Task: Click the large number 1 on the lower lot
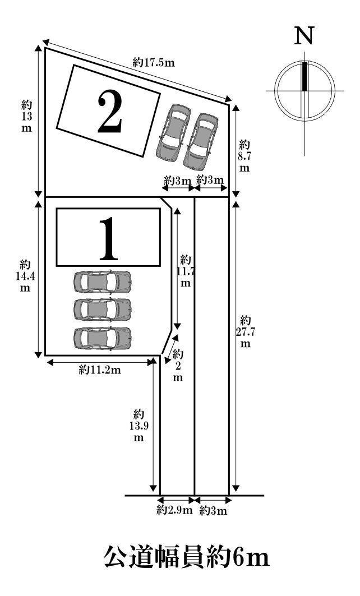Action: [109, 238]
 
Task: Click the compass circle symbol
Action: [304, 90]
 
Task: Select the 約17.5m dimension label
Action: [154, 63]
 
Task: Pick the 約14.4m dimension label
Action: [25, 275]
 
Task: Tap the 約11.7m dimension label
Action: [186, 271]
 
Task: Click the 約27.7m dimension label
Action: [245, 331]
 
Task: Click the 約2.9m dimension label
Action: [174, 510]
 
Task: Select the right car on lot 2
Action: [201, 141]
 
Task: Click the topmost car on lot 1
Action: [102, 281]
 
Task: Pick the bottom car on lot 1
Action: [102, 338]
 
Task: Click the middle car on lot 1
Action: [102, 309]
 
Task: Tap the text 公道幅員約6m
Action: [187, 558]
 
